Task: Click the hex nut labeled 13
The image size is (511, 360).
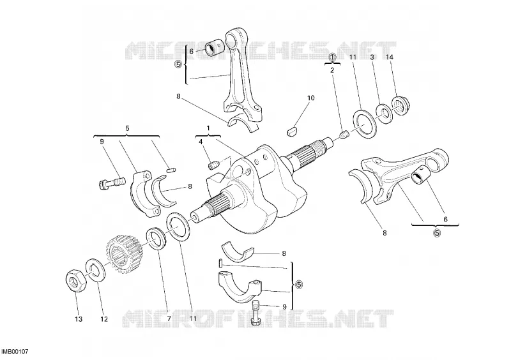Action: coord(75,281)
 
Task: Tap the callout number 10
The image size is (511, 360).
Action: coord(311,98)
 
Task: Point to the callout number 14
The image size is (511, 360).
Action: coord(390,57)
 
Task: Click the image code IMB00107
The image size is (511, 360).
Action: coord(15,352)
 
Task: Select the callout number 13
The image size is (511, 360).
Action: coord(79,319)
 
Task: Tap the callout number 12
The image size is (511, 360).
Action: coord(103,319)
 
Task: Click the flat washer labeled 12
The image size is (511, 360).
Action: coord(95,270)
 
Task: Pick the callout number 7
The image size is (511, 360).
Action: coord(169,319)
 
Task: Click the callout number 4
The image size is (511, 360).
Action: coord(201,142)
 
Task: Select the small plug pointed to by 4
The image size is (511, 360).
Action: coord(213,165)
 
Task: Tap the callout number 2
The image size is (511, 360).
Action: coord(332,70)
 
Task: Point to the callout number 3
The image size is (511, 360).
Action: coord(372,57)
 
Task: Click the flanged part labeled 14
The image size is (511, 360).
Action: coord(400,105)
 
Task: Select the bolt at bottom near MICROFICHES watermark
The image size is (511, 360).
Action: coord(257,313)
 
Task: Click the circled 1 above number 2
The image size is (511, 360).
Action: coord(332,57)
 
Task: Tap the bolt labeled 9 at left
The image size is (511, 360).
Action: coord(111,183)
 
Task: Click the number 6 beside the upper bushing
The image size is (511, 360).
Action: coord(191,51)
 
